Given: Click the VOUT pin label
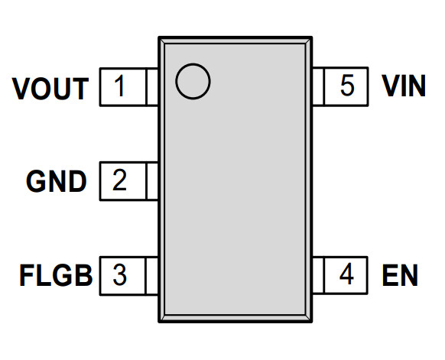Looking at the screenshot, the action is pyautogui.click(x=50, y=89).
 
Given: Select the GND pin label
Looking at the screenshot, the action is pyautogui.click(x=56, y=182).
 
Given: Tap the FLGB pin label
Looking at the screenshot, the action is pyautogui.click(x=56, y=275).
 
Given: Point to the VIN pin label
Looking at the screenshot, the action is pyautogui.click(x=404, y=86).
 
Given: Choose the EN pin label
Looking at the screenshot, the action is pyautogui.click(x=400, y=275).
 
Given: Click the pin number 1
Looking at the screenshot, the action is pyautogui.click(x=120, y=86).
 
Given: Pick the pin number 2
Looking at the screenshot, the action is pyautogui.click(x=119, y=180).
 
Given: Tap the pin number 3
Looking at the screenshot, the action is pyautogui.click(x=119, y=274).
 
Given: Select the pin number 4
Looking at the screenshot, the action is pyautogui.click(x=346, y=274).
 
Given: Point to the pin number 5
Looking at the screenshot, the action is pyautogui.click(x=347, y=86).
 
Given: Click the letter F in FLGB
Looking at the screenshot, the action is pyautogui.click(x=27, y=275).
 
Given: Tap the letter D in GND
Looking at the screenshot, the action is pyautogui.click(x=77, y=182).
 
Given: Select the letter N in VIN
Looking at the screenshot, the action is pyautogui.click(x=417, y=86).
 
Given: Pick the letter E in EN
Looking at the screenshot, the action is pyautogui.click(x=390, y=275).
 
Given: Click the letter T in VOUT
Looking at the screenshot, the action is pyautogui.click(x=80, y=89).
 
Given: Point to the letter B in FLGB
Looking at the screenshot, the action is pyautogui.click(x=84, y=275).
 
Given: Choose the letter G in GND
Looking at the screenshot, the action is pyautogui.click(x=37, y=182).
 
